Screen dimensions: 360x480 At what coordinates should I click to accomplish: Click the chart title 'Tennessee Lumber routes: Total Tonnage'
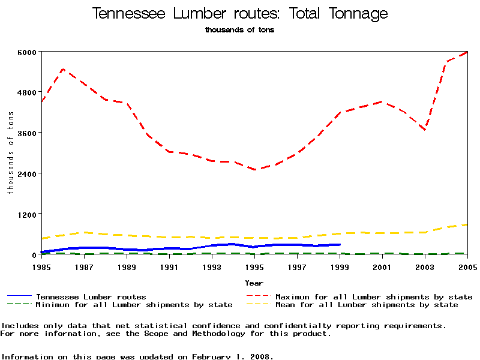(x=240, y=14)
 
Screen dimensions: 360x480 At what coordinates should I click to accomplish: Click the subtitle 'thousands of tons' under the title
(x=240, y=30)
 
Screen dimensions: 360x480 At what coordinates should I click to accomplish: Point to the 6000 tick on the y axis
(x=28, y=52)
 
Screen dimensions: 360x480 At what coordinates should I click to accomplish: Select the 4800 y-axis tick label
(x=28, y=92)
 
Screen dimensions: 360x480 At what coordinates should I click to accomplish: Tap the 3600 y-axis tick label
(x=28, y=133)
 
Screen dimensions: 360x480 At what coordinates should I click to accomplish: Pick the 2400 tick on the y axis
(x=28, y=173)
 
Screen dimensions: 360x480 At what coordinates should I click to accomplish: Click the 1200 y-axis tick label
(x=28, y=214)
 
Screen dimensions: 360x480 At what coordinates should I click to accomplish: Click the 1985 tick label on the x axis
(x=41, y=266)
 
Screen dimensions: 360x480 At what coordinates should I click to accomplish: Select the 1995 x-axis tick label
(x=254, y=266)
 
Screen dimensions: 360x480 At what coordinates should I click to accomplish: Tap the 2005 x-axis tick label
(x=467, y=266)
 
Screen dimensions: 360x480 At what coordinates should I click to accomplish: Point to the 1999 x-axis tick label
(x=340, y=266)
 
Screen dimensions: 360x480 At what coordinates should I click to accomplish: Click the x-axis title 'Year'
(x=254, y=283)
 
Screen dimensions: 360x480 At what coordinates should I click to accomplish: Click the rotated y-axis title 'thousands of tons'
(x=10, y=153)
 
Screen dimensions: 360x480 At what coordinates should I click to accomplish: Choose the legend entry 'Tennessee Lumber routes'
(x=91, y=296)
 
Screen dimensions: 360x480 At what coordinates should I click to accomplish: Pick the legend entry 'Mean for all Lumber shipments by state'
(x=367, y=305)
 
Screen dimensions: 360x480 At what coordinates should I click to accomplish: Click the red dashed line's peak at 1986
(x=63, y=70)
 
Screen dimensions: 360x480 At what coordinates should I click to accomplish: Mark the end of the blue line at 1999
(x=340, y=244)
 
